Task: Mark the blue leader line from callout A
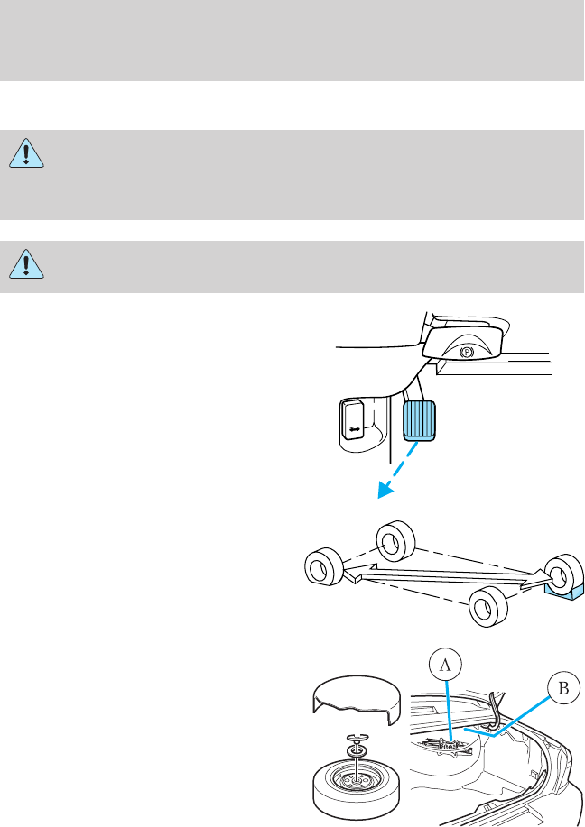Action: tap(448, 708)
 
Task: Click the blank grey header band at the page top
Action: tap(292, 41)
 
